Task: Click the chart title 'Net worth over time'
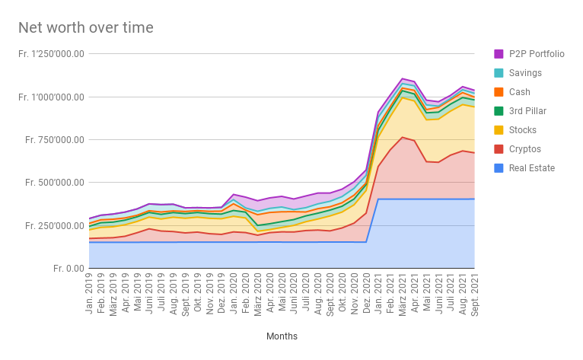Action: coord(86,28)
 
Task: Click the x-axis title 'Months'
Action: coord(282,336)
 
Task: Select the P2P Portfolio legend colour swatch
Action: coord(499,54)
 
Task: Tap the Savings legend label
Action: coord(525,73)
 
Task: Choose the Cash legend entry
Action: coord(521,92)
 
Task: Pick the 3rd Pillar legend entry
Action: coord(528,111)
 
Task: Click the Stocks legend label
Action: coord(524,130)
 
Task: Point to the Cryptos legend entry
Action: coord(526,149)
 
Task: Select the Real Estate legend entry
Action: coord(532,168)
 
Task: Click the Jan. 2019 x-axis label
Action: coord(90,289)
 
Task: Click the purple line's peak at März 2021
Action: coord(402,78)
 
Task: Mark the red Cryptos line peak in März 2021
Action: coord(402,137)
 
